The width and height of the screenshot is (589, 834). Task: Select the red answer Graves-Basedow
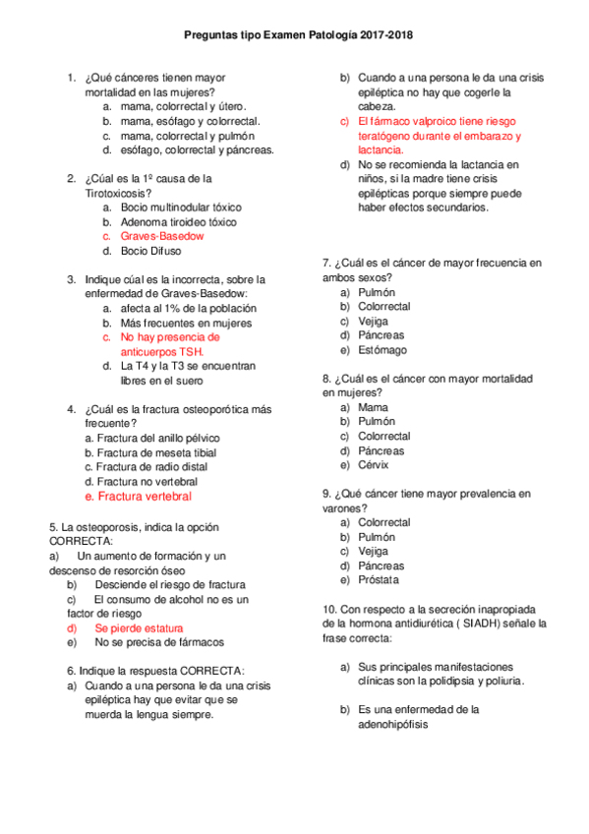pos(162,236)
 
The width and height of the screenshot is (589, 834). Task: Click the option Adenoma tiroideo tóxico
pos(178,222)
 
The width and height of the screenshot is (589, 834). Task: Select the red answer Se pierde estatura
pos(139,627)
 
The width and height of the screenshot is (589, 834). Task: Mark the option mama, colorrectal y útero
pos(183,106)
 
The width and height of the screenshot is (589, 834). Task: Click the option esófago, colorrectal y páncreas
pos(197,150)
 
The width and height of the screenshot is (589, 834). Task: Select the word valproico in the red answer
pos(420,121)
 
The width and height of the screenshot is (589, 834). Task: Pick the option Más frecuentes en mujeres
pos(186,323)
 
